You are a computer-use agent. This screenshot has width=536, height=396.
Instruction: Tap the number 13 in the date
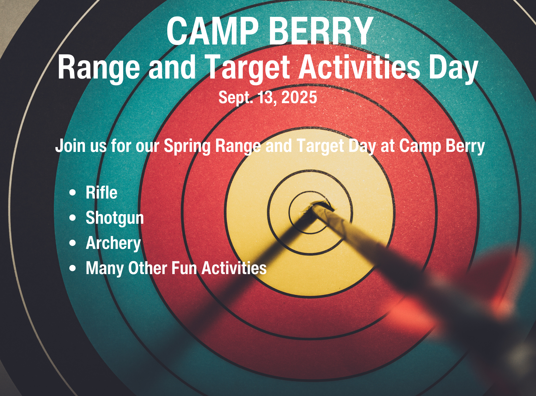(x=266, y=98)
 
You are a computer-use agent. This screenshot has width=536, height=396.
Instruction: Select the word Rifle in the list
(x=102, y=192)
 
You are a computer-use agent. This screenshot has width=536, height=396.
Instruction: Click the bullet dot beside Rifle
(x=72, y=193)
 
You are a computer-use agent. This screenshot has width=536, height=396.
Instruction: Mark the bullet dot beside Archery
(x=72, y=243)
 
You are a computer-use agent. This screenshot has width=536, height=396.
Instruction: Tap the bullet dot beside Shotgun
(x=72, y=218)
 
